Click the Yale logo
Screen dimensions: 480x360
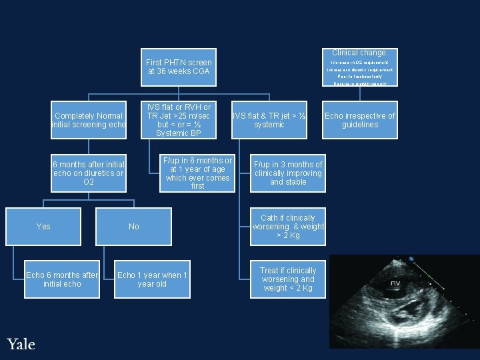[x=21, y=344]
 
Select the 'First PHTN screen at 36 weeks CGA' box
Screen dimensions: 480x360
[x=179, y=67]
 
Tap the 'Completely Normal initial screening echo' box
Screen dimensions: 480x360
[x=89, y=120]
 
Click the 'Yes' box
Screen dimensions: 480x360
[x=43, y=227]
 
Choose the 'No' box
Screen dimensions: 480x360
[x=134, y=227]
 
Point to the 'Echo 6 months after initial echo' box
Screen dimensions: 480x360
[x=61, y=279]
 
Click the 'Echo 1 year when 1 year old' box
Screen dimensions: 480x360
[x=152, y=279]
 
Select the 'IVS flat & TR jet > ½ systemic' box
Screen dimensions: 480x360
[x=269, y=120]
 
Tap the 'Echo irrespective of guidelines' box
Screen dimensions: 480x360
[x=360, y=120]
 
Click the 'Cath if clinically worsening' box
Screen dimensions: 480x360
[x=288, y=227]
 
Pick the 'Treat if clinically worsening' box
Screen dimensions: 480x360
[x=288, y=279]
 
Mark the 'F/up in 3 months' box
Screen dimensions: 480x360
[x=288, y=173]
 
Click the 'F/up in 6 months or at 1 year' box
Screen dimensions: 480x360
[x=197, y=173]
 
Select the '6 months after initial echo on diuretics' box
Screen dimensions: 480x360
[x=89, y=173]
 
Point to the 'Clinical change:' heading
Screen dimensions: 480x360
[x=360, y=53]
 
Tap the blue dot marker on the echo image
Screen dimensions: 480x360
[x=412, y=259]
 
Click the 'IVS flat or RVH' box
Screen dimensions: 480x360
[x=179, y=120]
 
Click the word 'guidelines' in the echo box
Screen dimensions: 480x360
[x=360, y=125]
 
